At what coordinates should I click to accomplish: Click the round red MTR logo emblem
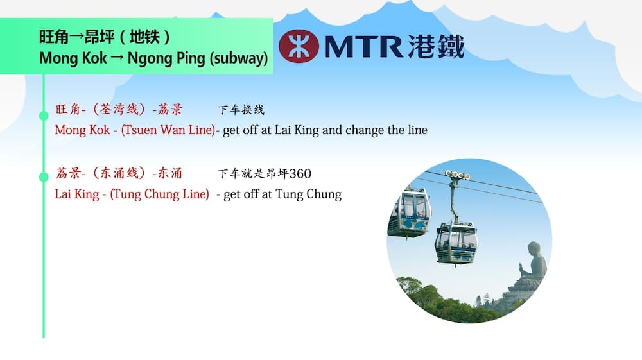[x=299, y=46]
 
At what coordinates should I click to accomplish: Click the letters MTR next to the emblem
[x=363, y=46]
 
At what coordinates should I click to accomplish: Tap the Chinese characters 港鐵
[x=436, y=46]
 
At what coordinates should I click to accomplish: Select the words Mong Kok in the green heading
[x=73, y=58]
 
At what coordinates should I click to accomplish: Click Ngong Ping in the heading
[x=166, y=58]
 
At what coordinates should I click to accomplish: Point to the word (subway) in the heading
[x=239, y=58]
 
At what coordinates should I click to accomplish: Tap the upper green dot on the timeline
[x=44, y=116]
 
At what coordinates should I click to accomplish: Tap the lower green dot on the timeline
[x=44, y=176]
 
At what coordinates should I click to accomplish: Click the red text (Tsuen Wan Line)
[x=168, y=130]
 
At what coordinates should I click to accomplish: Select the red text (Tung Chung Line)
[x=160, y=194]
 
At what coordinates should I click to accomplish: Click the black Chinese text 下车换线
[x=241, y=110]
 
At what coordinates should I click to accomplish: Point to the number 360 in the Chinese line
[x=300, y=173]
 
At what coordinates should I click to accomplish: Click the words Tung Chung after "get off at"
[x=308, y=194]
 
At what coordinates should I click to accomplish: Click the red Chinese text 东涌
[x=170, y=173]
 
